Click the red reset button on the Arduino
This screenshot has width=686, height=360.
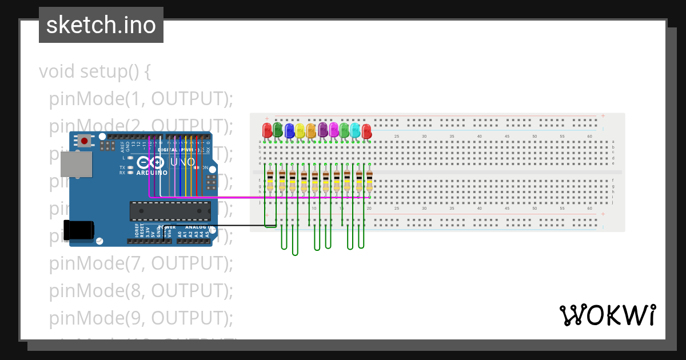pyautogui.click(x=85, y=141)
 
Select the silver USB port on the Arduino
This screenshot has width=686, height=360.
pyautogui.click(x=75, y=164)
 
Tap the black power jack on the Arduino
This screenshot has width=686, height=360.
pyautogui.click(x=79, y=230)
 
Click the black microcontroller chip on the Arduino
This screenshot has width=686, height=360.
pyautogui.click(x=170, y=211)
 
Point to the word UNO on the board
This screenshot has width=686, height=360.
pyautogui.click(x=184, y=162)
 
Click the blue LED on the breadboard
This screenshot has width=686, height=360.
pyautogui.click(x=289, y=131)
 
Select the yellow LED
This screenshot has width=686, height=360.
pyautogui.click(x=300, y=131)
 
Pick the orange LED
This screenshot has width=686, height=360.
pyautogui.click(x=311, y=131)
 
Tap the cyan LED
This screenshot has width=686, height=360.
pyautogui.click(x=355, y=131)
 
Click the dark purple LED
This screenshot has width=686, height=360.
pyautogui.click(x=322, y=130)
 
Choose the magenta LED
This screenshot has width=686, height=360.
pyautogui.click(x=333, y=130)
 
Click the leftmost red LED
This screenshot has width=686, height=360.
pyautogui.click(x=267, y=130)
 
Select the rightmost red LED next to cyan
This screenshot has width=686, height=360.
pyautogui.click(x=366, y=131)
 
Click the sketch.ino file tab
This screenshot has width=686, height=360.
pyautogui.click(x=101, y=25)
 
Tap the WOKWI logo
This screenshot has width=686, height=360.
pyautogui.click(x=607, y=315)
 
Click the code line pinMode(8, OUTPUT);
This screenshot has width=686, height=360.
pyautogui.click(x=141, y=290)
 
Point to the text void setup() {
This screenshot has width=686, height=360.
pyautogui.click(x=95, y=72)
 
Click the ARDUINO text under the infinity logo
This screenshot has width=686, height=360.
pyautogui.click(x=152, y=173)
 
